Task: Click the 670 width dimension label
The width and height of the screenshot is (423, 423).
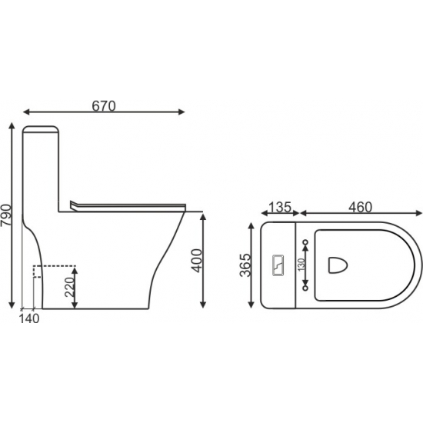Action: coord(104,106)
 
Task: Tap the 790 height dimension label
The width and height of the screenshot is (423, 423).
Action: coord(6,215)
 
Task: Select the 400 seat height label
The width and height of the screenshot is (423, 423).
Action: coord(196,260)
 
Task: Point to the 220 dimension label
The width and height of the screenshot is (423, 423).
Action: coord(70,287)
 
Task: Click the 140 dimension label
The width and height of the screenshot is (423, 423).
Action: coord(29,319)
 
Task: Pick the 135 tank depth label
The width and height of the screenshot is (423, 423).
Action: coord(280,207)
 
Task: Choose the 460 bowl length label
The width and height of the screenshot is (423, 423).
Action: coord(361,207)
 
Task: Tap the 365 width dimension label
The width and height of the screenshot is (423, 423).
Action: coord(245,265)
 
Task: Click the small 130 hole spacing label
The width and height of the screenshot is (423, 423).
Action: coord(301,265)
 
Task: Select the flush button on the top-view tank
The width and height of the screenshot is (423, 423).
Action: coord(278,265)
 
